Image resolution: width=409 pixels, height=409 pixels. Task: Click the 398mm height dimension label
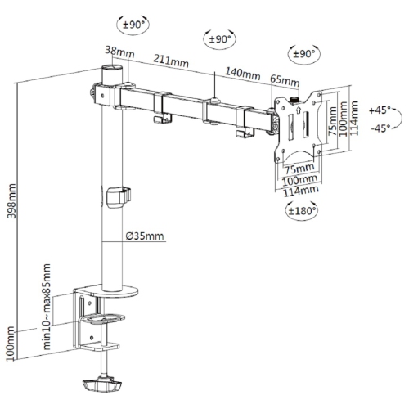pyautogui.click(x=11, y=197)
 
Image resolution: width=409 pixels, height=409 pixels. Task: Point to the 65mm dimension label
pyautogui.click(x=282, y=80)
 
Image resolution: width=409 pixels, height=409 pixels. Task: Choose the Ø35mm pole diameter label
pyautogui.click(x=145, y=237)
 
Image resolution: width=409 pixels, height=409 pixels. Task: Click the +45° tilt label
pyautogui.click(x=380, y=109)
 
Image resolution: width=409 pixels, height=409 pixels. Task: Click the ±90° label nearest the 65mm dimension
pyautogui.click(x=304, y=53)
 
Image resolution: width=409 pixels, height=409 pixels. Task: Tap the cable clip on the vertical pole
pyautogui.click(x=119, y=196)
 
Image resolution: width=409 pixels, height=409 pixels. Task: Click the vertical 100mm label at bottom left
pyautogui.click(x=11, y=344)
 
